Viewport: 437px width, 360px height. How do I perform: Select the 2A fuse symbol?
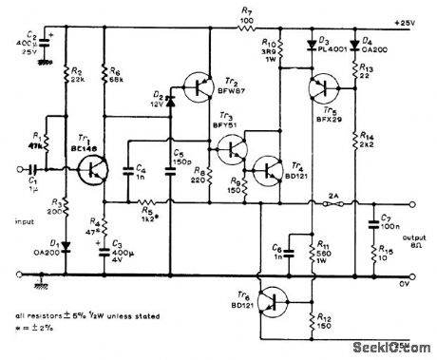click(332, 202)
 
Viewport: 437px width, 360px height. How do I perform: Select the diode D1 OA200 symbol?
click(65, 250)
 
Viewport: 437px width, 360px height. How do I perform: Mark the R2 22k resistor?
click(65, 75)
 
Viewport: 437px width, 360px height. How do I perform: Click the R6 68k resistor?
click(104, 75)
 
